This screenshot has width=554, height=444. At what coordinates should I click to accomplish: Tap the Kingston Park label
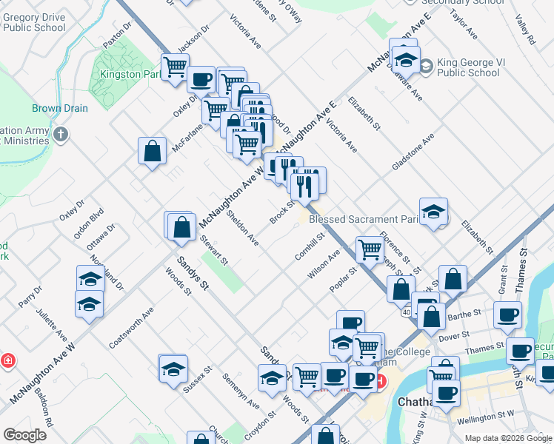(130, 75)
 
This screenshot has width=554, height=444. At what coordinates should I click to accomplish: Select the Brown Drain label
(59, 108)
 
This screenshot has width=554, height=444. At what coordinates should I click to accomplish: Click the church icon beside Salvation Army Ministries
(61, 135)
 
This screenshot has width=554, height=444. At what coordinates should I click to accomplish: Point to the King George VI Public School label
(468, 67)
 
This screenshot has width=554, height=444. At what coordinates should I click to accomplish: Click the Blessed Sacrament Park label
(364, 220)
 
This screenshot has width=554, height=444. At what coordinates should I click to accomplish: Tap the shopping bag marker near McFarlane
(152, 152)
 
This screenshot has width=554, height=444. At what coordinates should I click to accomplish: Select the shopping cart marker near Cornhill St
(369, 249)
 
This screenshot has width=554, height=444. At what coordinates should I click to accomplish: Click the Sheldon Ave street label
(243, 229)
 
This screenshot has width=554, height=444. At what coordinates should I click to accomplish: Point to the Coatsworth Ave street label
(130, 328)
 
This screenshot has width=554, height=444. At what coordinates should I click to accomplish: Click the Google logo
(24, 435)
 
